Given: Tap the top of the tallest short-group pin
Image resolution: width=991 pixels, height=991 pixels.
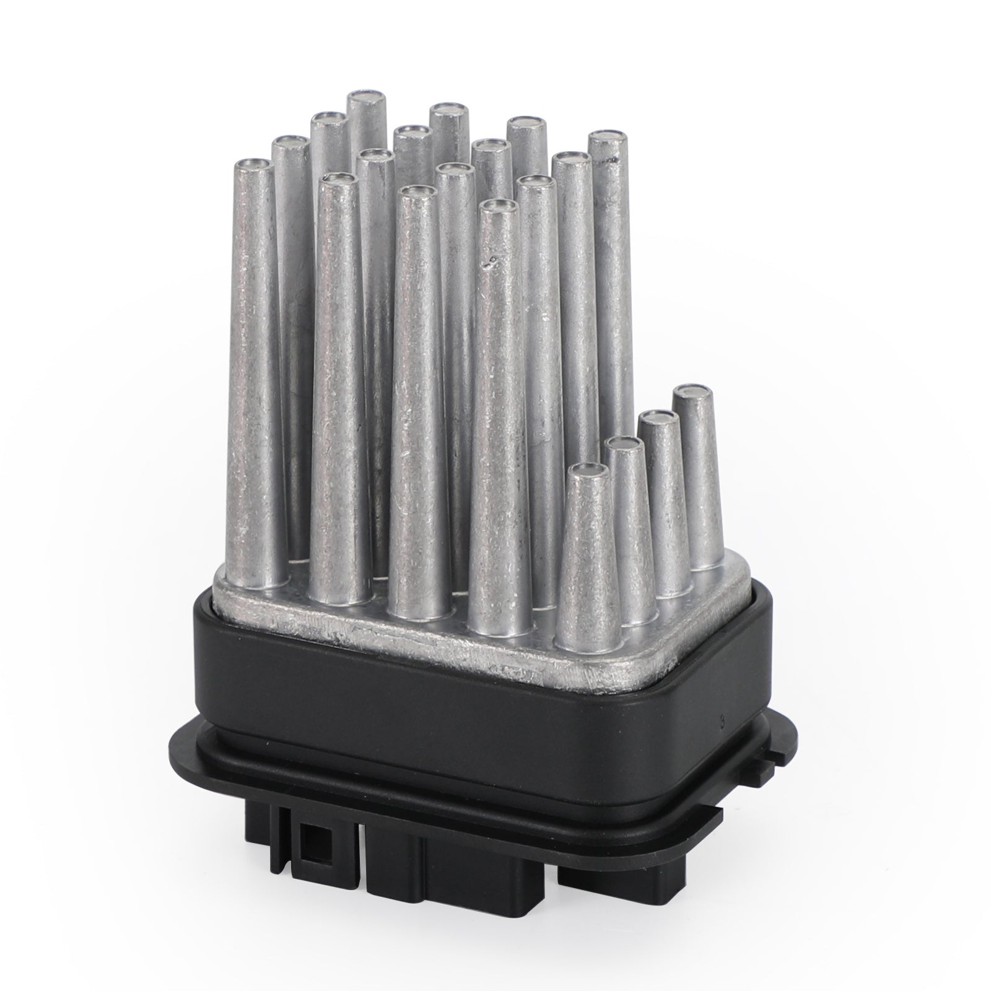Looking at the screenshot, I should point(692,393).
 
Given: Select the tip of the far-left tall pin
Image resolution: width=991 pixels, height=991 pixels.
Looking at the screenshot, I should point(253,165).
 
